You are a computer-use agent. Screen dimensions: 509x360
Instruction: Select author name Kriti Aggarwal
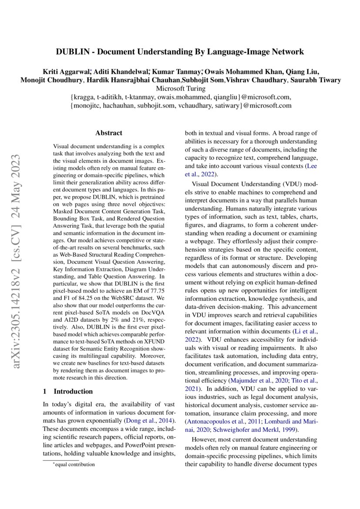(x=66, y=71)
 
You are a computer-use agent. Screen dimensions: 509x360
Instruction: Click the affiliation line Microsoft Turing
(x=180, y=88)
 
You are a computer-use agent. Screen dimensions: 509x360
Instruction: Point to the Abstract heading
(x=109, y=133)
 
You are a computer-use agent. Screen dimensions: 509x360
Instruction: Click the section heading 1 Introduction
(x=67, y=391)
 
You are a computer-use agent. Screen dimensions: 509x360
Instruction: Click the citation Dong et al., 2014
(x=150, y=420)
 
